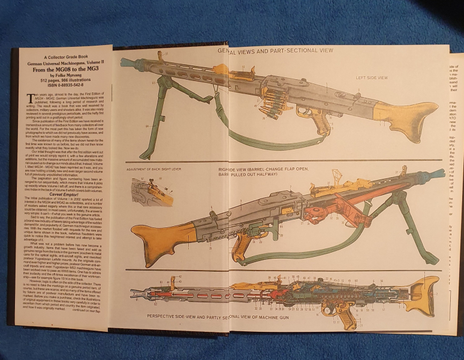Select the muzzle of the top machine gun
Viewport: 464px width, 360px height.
[125, 62]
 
